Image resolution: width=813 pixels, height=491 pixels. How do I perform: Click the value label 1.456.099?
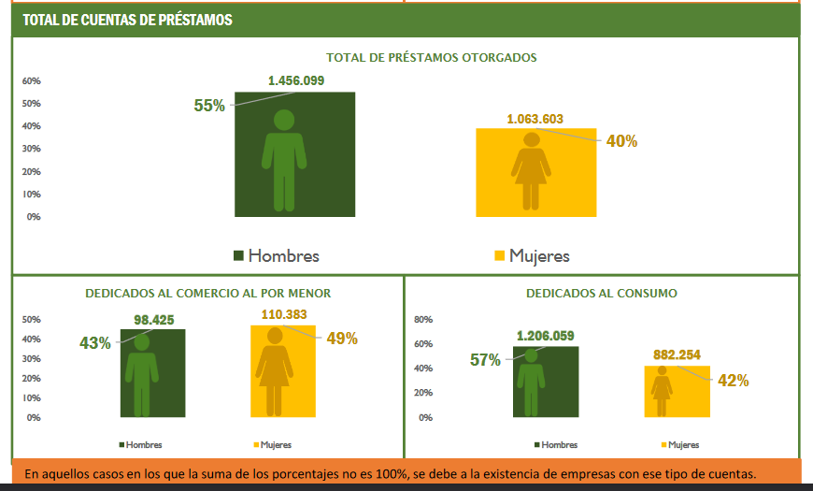[x=295, y=80]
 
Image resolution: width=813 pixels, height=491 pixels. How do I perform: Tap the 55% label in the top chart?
[x=209, y=106]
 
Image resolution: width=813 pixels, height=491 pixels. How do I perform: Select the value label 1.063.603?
[x=535, y=119]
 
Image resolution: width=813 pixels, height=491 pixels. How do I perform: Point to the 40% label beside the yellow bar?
[x=621, y=141]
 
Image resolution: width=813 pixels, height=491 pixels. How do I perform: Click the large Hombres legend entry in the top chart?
[x=277, y=255]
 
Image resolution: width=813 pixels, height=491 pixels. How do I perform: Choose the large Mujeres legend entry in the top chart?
[x=532, y=255]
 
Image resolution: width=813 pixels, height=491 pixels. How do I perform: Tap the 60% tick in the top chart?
[x=32, y=80]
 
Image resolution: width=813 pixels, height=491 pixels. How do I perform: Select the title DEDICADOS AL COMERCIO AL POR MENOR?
[x=207, y=293]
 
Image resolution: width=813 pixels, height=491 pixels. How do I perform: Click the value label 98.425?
[x=154, y=320]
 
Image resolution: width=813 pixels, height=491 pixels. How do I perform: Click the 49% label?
[x=342, y=339]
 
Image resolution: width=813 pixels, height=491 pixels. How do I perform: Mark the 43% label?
[x=95, y=343]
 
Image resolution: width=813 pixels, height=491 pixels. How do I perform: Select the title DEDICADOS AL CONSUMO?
[x=602, y=293]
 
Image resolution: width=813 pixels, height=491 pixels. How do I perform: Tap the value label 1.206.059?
[x=545, y=336]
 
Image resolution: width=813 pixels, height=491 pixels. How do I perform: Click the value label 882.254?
[x=677, y=355]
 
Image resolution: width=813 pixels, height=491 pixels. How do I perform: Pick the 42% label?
[x=733, y=381]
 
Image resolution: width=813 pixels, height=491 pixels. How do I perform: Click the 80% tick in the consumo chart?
[x=423, y=320]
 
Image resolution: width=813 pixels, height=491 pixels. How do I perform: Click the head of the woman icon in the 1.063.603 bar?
[x=532, y=140]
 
